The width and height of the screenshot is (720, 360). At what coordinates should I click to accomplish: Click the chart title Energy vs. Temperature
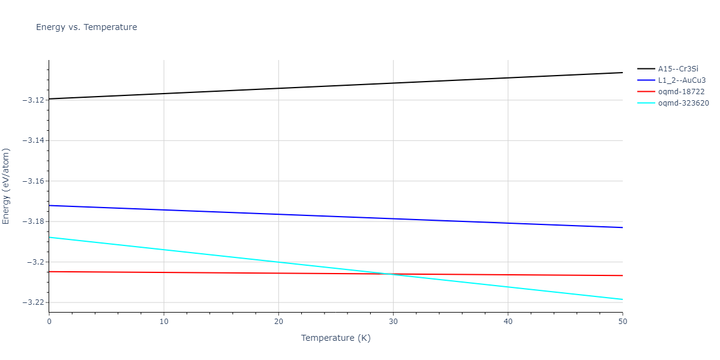point(86,27)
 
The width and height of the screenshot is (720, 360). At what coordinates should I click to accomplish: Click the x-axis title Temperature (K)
point(335,338)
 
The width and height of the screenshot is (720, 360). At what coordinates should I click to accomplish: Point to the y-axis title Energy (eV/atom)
point(7,186)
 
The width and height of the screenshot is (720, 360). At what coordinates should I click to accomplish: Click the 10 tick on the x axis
point(164,322)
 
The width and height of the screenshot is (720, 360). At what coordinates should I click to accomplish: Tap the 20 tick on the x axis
point(278,322)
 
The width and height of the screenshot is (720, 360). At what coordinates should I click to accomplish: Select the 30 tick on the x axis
point(393,322)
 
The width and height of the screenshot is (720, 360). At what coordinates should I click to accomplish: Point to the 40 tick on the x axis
point(508,322)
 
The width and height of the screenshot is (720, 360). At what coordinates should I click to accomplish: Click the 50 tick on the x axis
point(622,322)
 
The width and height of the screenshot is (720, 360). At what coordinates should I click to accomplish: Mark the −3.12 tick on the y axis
point(33,100)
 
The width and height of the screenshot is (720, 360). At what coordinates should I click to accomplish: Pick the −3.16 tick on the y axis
point(33,181)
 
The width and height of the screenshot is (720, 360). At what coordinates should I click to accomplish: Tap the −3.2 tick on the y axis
point(35,262)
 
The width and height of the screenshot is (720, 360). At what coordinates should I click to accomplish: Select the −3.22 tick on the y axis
point(33,303)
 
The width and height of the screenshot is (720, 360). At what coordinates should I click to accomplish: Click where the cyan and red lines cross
point(391,274)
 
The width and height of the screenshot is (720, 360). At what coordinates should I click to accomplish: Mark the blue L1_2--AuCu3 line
point(336,217)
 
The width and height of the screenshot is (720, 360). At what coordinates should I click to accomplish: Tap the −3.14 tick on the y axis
point(33,140)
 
